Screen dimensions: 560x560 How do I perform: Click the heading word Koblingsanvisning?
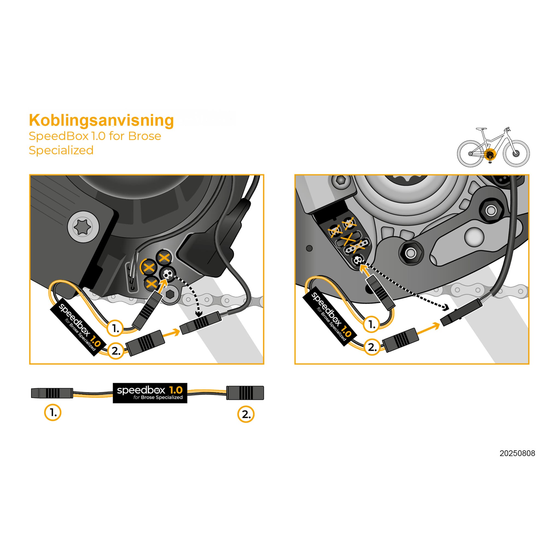101,120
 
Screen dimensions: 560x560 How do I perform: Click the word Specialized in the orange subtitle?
61,150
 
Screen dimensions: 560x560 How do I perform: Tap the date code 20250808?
517,453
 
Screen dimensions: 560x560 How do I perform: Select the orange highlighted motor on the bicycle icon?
490,154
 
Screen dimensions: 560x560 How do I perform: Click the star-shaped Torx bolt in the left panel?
83,227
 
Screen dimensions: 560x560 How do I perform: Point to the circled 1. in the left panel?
115,328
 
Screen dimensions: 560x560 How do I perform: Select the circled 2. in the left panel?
116,351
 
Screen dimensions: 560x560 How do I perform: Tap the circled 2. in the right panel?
372,347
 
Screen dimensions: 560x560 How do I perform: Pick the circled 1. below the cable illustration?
53,412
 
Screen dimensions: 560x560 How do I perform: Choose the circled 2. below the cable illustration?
246,414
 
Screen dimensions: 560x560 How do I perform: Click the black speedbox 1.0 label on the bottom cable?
150,393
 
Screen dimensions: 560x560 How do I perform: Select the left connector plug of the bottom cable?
52,393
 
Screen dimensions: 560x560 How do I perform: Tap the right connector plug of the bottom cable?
245,393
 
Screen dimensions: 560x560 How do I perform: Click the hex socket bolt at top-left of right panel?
340,182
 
